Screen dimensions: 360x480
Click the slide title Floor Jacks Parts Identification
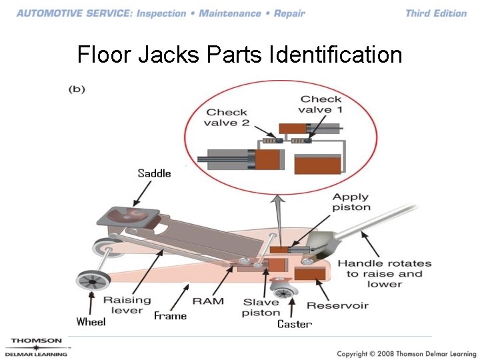(239, 54)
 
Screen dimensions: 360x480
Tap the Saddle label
(154, 173)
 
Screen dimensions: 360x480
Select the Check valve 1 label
(320, 105)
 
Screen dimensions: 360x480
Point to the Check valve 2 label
(227, 117)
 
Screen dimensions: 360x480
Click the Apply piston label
(351, 202)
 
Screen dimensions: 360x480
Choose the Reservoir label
(337, 305)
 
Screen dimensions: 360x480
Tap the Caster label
(294, 324)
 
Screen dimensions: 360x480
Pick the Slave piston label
(261, 307)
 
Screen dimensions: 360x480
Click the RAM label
(208, 301)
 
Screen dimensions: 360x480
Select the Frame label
(170, 315)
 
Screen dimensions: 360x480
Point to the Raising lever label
(127, 305)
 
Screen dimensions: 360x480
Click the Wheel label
(91, 322)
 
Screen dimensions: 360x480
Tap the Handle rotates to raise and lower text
(384, 273)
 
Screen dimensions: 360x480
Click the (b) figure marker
(77, 89)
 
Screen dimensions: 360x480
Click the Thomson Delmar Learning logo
(36, 347)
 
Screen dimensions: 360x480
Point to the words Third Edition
(436, 13)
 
